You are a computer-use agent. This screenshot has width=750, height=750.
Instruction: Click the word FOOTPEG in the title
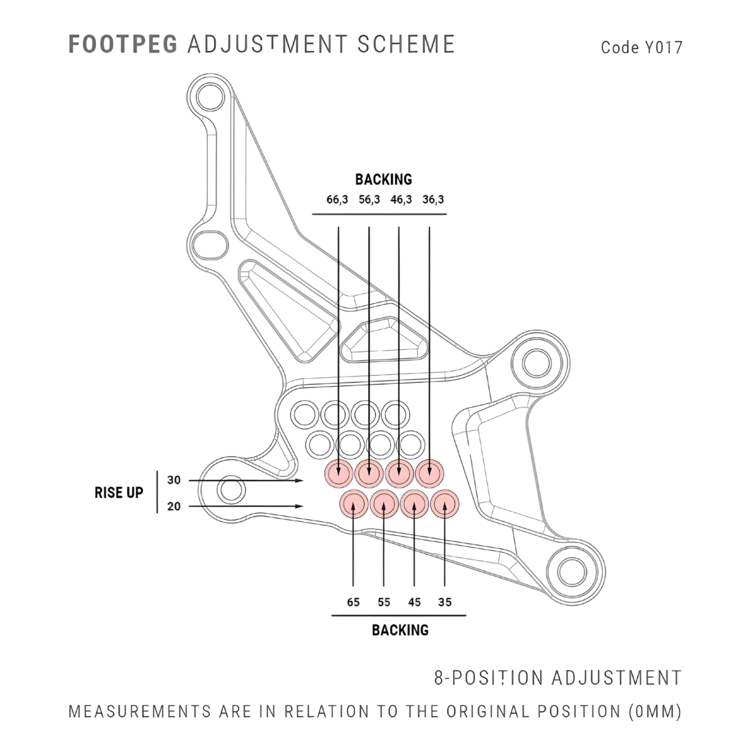click(122, 45)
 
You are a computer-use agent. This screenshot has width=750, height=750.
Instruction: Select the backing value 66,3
click(337, 200)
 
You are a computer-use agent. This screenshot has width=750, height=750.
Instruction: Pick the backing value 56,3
click(369, 200)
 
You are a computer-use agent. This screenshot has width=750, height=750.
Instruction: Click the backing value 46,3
click(401, 200)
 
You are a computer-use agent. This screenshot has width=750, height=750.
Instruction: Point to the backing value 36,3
click(433, 200)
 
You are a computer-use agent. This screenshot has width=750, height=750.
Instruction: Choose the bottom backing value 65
click(353, 602)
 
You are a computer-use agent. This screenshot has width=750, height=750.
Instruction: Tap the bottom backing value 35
click(445, 602)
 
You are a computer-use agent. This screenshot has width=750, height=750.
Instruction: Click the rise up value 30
click(174, 481)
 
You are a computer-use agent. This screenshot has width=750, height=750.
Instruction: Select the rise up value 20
click(174, 507)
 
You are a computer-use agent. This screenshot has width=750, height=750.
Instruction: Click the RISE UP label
click(119, 493)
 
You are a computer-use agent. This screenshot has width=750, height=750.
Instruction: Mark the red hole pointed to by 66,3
click(339, 473)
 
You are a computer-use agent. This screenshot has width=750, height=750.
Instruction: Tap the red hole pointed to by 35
click(445, 505)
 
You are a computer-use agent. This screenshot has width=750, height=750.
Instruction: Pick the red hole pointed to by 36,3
click(429, 473)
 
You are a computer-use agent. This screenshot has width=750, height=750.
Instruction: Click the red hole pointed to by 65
click(353, 505)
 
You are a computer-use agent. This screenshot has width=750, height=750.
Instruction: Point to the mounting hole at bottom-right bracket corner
click(572, 572)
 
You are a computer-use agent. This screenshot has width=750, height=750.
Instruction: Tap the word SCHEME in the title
click(406, 45)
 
